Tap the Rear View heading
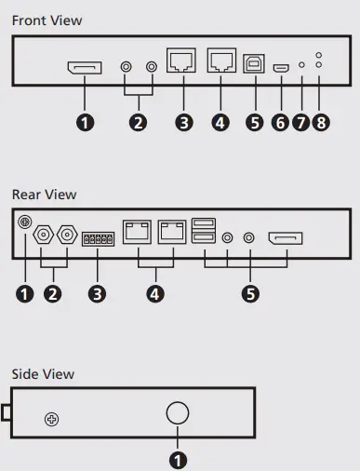click(x=44, y=195)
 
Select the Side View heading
click(x=43, y=373)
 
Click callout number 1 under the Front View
click(x=86, y=122)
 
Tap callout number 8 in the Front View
click(x=321, y=122)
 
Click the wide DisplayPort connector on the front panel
click(x=85, y=68)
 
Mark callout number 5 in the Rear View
click(x=248, y=293)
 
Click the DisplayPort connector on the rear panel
click(x=285, y=240)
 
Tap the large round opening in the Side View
click(x=178, y=413)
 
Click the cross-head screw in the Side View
click(x=52, y=420)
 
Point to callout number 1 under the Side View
click(x=178, y=457)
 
